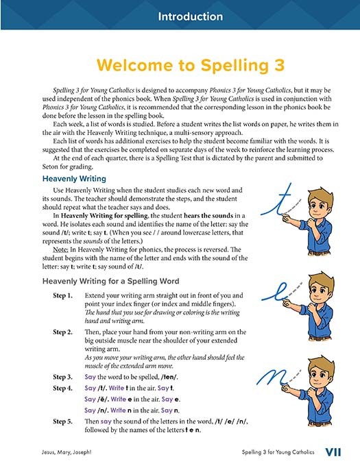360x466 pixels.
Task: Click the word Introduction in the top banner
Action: pyautogui.click(x=180, y=16)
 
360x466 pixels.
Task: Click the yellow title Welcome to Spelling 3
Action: pyautogui.click(x=180, y=65)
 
